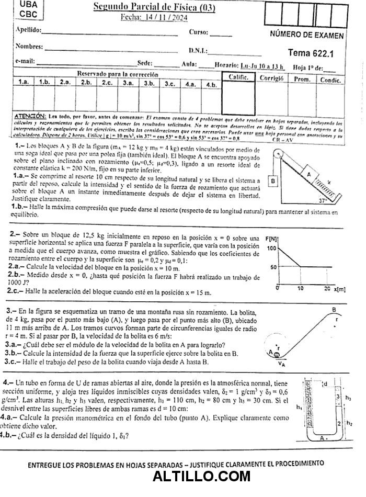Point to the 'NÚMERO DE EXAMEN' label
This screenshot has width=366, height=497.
pos(307,36)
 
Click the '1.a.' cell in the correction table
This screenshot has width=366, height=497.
pos(24,83)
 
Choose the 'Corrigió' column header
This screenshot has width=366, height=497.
pos(271,78)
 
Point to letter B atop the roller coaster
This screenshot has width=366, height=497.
pos(334,310)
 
